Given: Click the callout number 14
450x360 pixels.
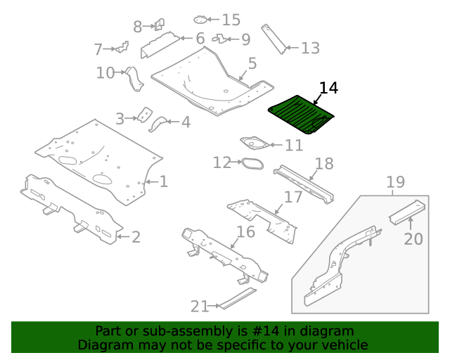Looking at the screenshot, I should coord(328,89).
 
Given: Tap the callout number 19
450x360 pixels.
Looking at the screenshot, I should coord(396,183).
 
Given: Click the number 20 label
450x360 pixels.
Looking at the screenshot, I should coord(413,239).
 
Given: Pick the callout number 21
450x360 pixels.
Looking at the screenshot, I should coord(200,306).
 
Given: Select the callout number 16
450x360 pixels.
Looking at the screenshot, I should coord(245,232).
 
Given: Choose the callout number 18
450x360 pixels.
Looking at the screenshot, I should coord(324,165).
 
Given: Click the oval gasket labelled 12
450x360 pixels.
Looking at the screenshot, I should coord(250,164).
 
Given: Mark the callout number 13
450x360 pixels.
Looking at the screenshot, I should coord(310,48).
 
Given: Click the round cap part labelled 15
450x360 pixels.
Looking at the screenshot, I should coord(202,20).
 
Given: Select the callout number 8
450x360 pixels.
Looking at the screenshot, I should coord(137,27).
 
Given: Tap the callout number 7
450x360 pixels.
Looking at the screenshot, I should coord(103,49).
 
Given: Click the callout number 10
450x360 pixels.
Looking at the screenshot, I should coord(105,72).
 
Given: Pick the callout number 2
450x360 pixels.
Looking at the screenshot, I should coord(136,237).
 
